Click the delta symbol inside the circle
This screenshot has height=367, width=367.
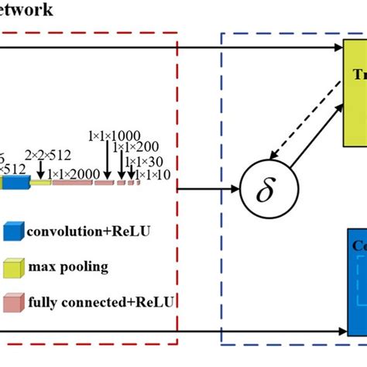[x=265, y=188]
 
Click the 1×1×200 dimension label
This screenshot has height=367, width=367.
[x=135, y=147]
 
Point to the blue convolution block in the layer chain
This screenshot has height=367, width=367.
[x=15, y=183]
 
